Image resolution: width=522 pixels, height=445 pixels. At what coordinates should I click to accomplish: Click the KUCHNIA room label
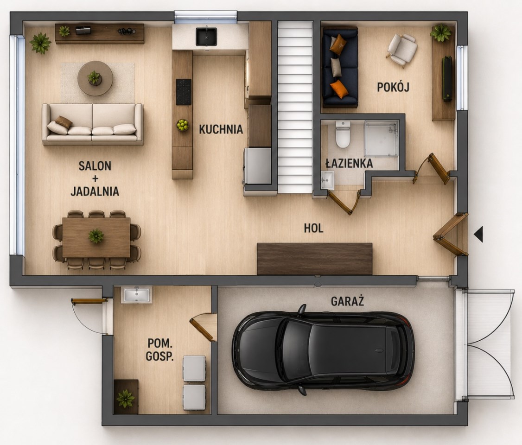[221, 129]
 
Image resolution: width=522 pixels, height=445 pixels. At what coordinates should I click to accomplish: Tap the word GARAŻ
[347, 301]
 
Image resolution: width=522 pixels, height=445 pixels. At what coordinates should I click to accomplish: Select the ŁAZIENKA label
[349, 164]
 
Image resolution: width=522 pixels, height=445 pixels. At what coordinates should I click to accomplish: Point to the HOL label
[313, 228]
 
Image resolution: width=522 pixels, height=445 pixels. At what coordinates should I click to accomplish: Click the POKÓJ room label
[393, 87]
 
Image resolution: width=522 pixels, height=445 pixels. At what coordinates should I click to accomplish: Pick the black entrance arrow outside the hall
[478, 234]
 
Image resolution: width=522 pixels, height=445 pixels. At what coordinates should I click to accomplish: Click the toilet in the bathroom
[343, 134]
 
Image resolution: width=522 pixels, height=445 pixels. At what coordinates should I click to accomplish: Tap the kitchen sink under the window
[206, 37]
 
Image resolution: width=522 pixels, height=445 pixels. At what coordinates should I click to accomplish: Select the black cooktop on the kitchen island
[184, 92]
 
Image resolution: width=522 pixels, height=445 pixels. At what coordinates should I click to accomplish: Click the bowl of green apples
[183, 125]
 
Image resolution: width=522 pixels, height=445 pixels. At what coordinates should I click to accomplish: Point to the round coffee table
[95, 78]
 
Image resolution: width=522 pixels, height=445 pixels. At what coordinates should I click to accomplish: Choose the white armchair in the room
[402, 50]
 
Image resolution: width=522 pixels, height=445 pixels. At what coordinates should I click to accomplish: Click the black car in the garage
[323, 350]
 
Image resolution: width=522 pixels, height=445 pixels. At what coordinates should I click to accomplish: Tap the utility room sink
[137, 295]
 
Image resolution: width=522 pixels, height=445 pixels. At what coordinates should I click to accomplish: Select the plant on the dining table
[96, 236]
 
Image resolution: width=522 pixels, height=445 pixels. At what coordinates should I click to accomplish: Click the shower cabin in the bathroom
[381, 139]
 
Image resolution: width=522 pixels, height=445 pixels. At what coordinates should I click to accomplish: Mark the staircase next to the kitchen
[295, 107]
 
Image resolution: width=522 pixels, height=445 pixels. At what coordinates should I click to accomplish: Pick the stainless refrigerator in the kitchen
[258, 166]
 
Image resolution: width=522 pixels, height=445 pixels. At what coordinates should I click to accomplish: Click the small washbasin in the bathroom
[328, 180]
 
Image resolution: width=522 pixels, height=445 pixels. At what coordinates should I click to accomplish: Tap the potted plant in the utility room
[126, 398]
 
